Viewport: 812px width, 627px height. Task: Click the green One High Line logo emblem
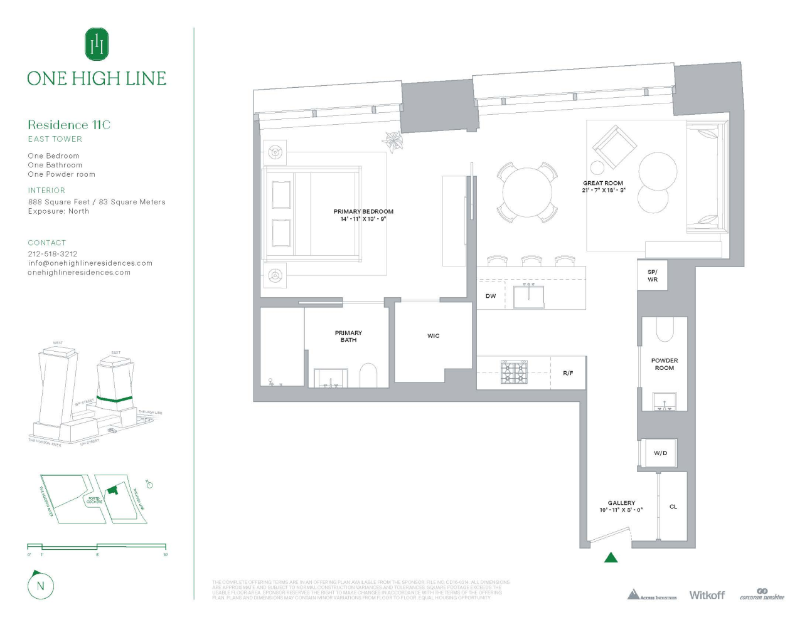point(97,44)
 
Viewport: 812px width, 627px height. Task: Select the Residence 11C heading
point(69,125)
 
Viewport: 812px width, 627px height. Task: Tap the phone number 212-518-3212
point(53,254)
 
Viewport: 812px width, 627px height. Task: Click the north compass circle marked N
point(41,586)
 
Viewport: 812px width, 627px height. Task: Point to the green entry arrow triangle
point(611,557)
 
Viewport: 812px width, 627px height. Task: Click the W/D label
point(660,453)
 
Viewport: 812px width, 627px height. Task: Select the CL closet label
point(673,507)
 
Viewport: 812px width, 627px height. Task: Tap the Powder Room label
point(665,364)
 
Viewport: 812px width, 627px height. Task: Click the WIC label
point(434,336)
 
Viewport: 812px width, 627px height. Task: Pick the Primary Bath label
point(348,337)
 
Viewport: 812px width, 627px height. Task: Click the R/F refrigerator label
point(568,373)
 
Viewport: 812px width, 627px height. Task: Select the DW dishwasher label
point(491,296)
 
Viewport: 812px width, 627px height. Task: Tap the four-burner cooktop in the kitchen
point(514,372)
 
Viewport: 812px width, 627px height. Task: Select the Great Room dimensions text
point(604,190)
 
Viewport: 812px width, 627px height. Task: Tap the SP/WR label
point(653,276)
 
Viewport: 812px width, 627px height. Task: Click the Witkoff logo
point(707,595)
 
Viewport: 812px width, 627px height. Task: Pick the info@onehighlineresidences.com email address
point(90,263)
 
